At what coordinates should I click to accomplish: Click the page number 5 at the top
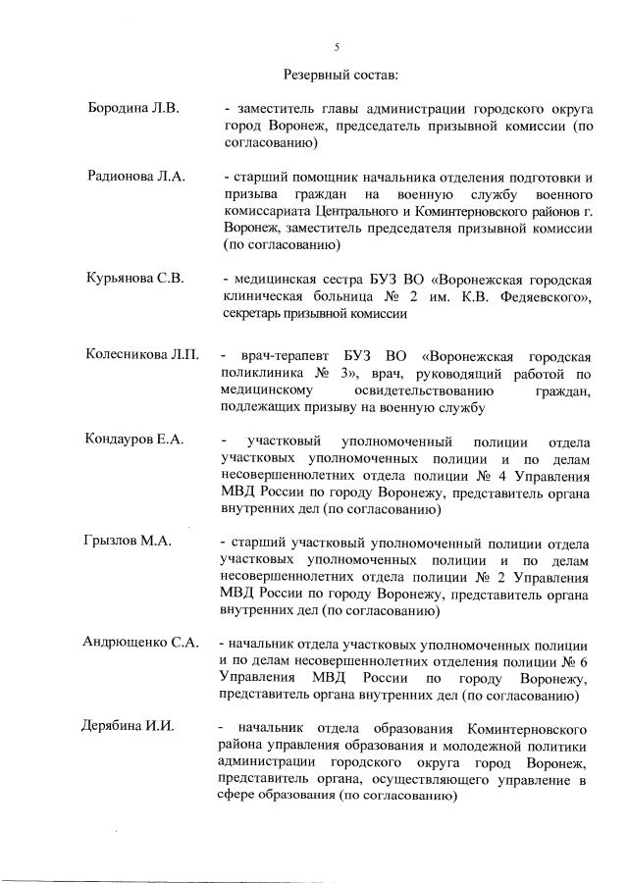pos(337,46)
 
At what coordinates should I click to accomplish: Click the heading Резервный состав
pos(340,74)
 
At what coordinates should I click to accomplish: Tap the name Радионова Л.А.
pos(136,177)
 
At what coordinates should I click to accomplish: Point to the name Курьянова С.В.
pos(136,278)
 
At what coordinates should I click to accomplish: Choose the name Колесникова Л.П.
pos(142,354)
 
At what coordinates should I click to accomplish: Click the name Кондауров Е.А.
pos(135,441)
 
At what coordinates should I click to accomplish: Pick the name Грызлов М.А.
pos(128,544)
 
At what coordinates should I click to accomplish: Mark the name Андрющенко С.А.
pos(140,645)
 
